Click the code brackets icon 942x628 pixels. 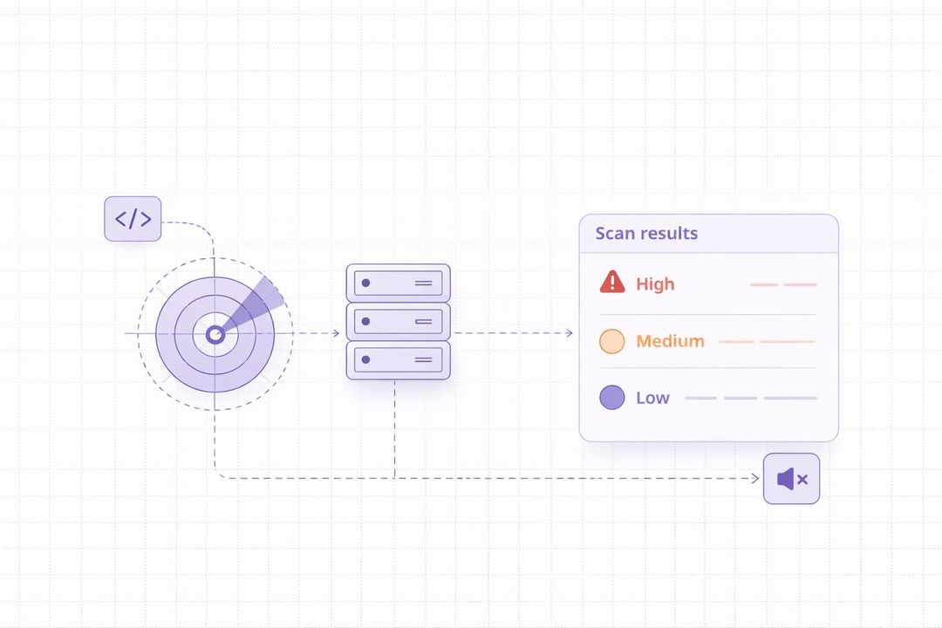(133, 219)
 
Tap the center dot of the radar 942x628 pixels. (215, 334)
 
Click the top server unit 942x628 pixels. (398, 283)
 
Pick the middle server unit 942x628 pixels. (398, 322)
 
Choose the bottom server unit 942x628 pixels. (398, 359)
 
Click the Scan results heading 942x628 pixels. (646, 234)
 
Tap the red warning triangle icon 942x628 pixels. (612, 282)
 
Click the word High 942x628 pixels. (655, 284)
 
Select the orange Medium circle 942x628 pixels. (612, 341)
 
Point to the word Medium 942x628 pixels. (670, 341)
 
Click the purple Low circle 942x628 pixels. (612, 398)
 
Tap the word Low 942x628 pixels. (652, 398)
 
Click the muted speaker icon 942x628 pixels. (787, 479)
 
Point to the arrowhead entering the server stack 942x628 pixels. (336, 333)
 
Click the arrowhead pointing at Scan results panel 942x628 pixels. (570, 333)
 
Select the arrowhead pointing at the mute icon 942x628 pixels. (755, 478)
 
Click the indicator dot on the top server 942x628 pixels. (365, 283)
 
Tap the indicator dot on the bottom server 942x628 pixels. (365, 359)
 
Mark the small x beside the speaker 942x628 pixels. (802, 479)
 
